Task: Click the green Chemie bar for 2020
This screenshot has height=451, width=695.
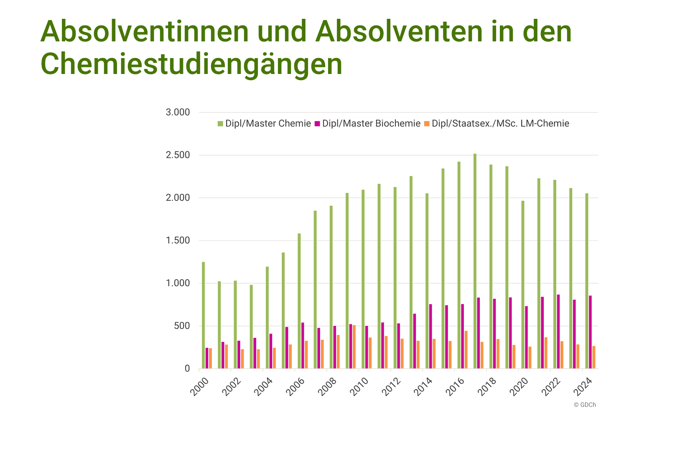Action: tap(523, 285)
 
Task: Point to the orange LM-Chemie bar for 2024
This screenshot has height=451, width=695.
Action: tap(594, 357)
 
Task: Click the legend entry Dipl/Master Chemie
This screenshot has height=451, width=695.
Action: tap(268, 124)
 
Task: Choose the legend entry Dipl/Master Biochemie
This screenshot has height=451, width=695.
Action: tap(371, 124)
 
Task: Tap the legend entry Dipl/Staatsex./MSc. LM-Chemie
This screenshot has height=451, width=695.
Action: tap(500, 124)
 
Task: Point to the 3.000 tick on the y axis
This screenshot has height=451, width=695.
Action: tap(178, 112)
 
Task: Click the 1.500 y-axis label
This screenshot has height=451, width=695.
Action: tap(178, 241)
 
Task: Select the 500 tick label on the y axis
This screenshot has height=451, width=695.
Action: tap(182, 326)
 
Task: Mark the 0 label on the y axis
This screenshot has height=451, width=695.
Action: tap(187, 369)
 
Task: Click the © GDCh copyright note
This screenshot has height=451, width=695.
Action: tap(585, 405)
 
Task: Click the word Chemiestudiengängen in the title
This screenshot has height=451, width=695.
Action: tap(191, 64)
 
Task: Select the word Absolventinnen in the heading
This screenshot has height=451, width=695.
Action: tap(145, 31)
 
